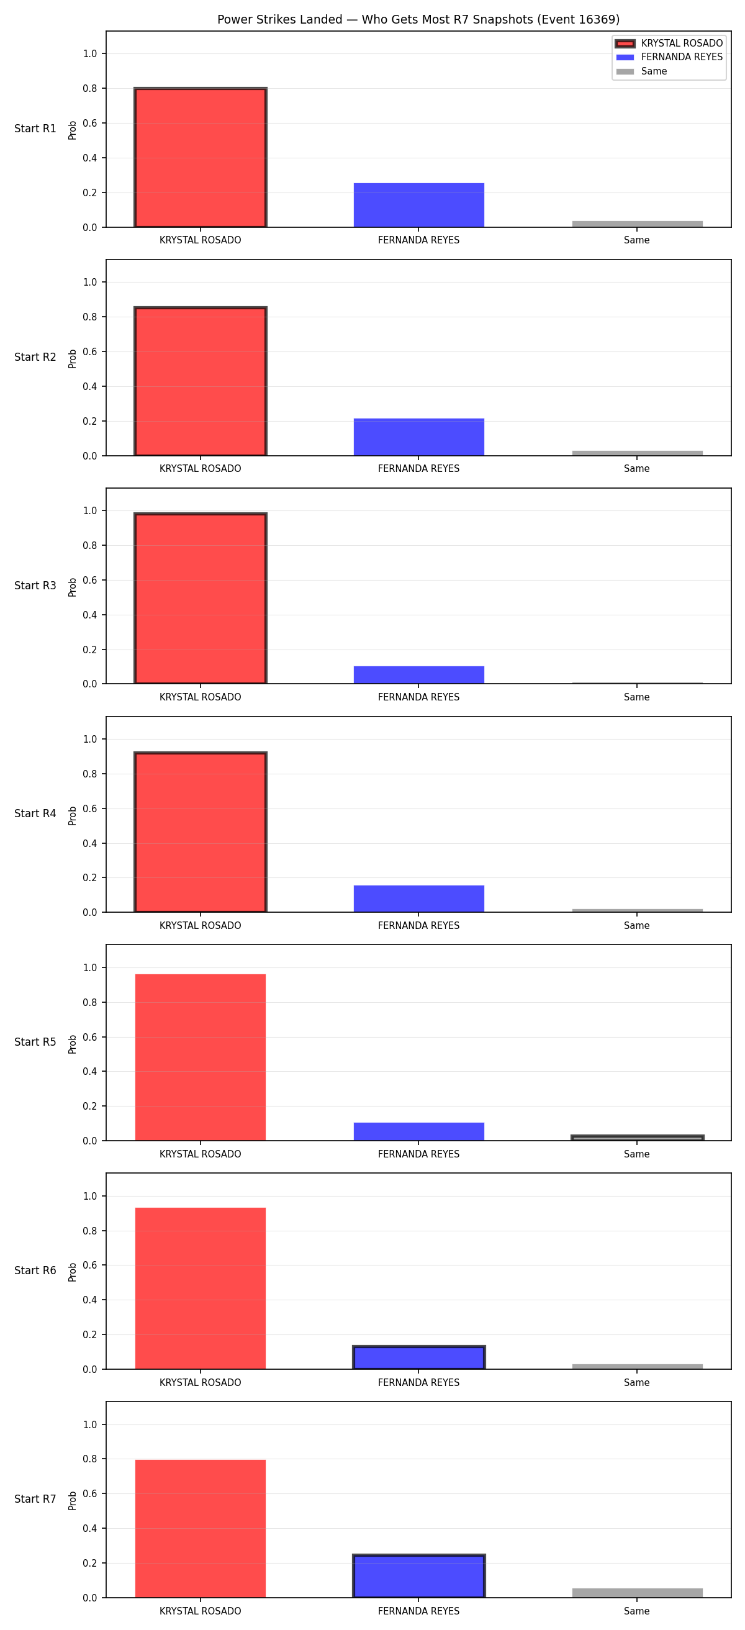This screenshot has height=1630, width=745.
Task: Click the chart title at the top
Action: tap(418, 20)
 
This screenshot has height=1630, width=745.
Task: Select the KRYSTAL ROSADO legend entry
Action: tap(669, 43)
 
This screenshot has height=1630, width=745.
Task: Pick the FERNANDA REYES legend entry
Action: tap(669, 57)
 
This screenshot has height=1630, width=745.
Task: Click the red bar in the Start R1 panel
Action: tap(201, 158)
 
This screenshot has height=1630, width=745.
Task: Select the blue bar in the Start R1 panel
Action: tap(418, 205)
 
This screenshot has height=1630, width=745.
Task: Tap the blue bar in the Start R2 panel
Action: tap(418, 437)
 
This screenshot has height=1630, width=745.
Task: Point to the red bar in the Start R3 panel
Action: tap(201, 599)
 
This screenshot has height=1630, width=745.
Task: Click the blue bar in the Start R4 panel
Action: tap(418, 899)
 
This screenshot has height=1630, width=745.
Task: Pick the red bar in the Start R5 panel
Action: tap(201, 1057)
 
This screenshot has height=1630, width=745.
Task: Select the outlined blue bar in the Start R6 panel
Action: tap(418, 1358)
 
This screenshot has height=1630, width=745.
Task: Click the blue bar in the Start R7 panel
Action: tap(418, 1576)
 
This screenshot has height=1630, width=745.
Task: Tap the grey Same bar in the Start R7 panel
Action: tap(637, 1593)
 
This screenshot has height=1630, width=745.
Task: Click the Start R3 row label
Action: tap(35, 586)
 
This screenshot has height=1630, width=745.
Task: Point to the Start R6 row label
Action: tap(35, 1270)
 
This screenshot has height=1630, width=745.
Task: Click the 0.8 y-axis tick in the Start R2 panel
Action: tap(90, 317)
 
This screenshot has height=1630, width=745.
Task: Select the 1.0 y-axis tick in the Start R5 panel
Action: tap(90, 968)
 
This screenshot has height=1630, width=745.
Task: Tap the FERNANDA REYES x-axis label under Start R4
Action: tap(418, 926)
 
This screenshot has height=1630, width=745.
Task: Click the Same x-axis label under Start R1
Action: tap(637, 240)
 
